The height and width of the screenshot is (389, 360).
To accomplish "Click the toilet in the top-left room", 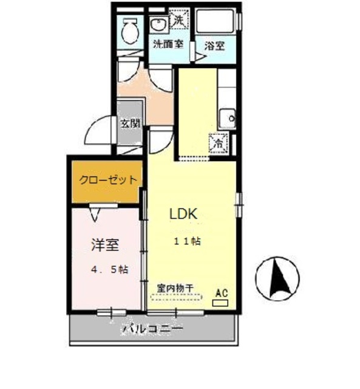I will point(129,30).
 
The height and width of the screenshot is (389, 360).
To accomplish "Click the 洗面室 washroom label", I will point(168,44).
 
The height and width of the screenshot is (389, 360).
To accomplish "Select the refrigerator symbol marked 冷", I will point(218,144).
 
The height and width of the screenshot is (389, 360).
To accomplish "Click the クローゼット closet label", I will point(107,181).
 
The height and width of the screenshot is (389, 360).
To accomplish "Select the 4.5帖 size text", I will point(109,269).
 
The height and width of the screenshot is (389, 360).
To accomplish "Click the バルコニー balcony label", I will point(153,329).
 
